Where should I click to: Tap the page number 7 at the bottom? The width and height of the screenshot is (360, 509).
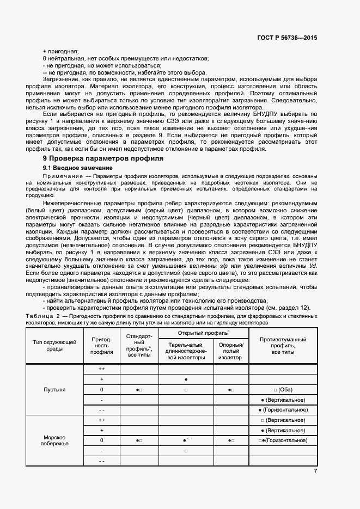(x=315, y=471)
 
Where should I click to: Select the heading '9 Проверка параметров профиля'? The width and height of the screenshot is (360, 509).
(x=103, y=158)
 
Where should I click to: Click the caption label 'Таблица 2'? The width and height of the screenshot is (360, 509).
(x=42, y=316)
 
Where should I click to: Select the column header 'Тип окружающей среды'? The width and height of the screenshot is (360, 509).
(x=54, y=346)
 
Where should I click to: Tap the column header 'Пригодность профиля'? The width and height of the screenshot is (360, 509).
(x=101, y=346)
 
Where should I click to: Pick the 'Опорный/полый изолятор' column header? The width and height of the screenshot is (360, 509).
(x=231, y=351)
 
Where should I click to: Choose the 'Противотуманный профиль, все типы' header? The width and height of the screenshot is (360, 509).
(x=283, y=346)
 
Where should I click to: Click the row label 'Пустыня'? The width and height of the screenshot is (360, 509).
(x=54, y=390)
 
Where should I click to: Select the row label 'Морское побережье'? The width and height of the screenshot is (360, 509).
(x=54, y=440)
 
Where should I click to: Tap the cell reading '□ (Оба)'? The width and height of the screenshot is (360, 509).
(x=283, y=390)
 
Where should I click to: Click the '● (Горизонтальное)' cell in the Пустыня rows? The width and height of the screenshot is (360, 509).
(x=283, y=409)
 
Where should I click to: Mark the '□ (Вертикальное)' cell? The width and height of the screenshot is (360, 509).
(x=283, y=420)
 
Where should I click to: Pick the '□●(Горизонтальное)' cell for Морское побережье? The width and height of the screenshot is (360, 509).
(x=283, y=440)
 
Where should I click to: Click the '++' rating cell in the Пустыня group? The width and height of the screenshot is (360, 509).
(x=101, y=369)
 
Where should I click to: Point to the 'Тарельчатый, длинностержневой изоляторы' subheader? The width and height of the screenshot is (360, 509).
(x=186, y=351)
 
